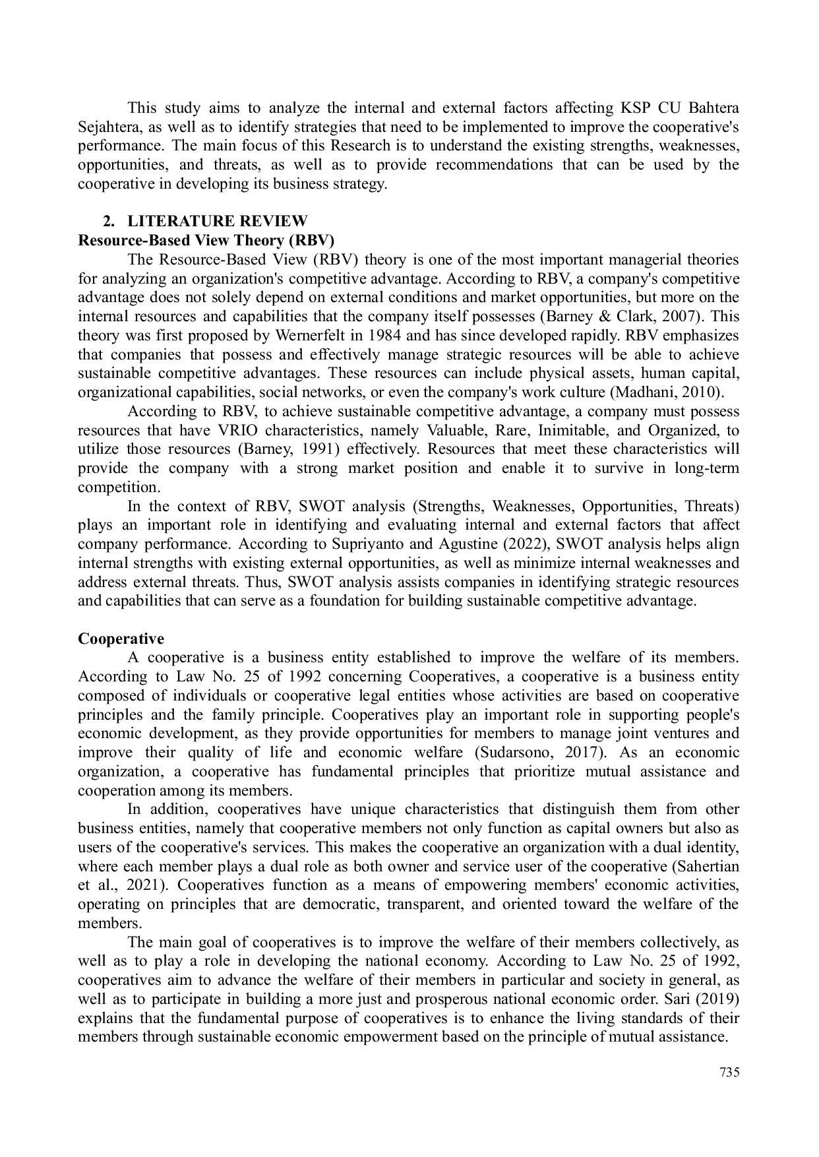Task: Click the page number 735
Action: click(x=729, y=1072)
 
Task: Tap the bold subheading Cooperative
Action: click(x=121, y=639)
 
